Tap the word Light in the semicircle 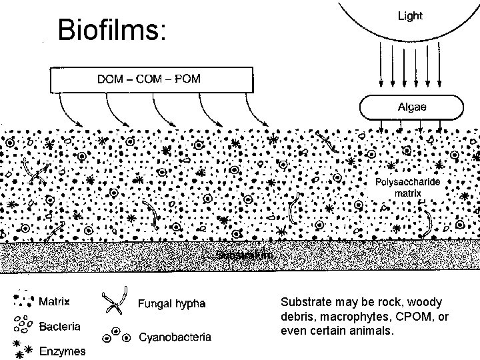409,16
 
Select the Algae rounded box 411,107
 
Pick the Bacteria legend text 61,327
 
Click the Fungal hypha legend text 171,304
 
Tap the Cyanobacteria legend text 175,337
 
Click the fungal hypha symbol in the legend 114,303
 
